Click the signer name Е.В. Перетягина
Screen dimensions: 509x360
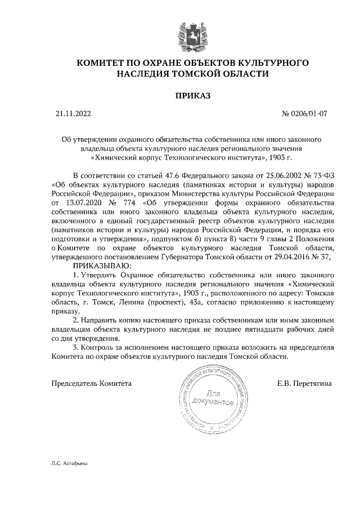coord(304,384)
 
